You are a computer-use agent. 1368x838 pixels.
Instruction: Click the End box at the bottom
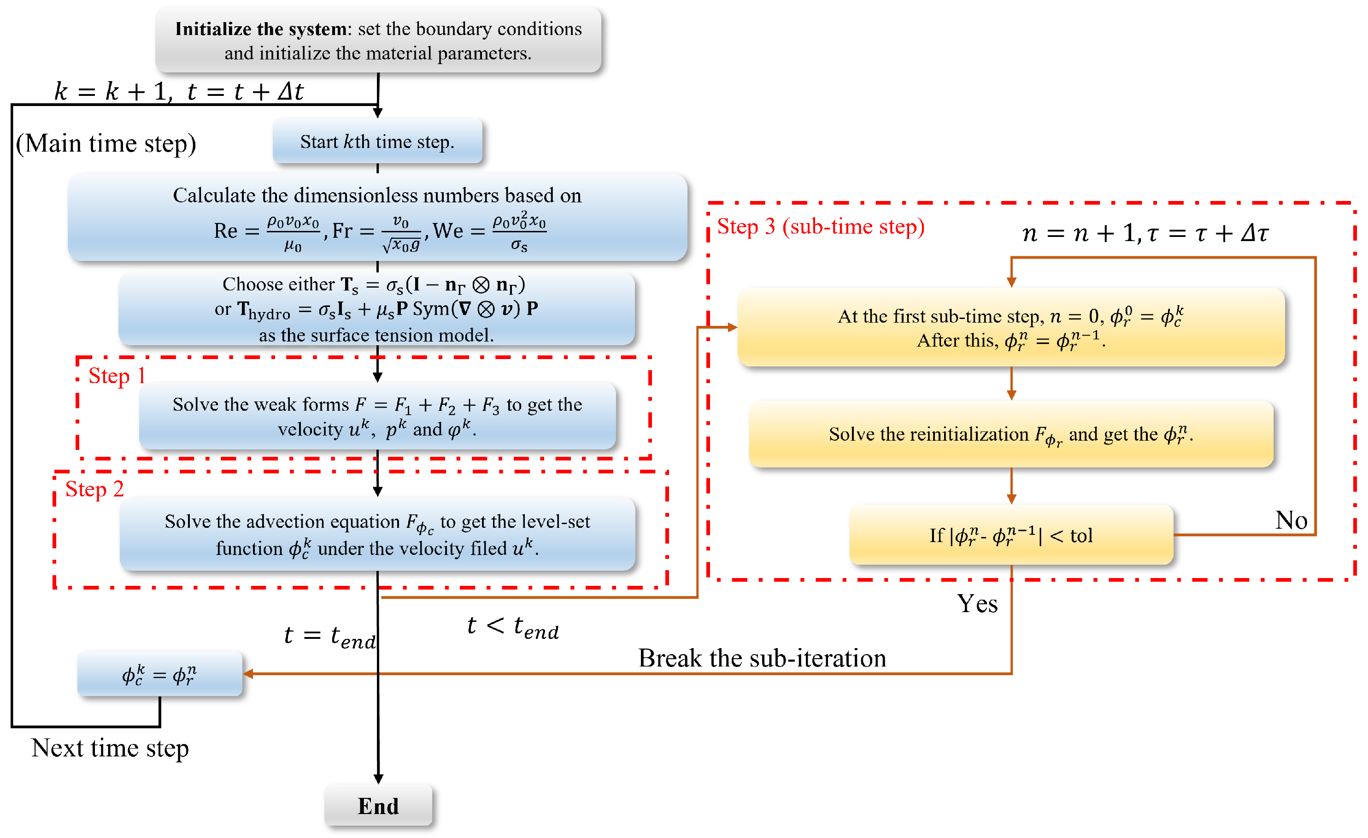(378, 805)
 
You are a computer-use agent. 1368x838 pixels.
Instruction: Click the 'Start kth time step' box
(377, 142)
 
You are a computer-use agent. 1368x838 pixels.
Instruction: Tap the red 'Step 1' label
(117, 376)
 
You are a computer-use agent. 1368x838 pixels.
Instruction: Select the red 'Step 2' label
(94, 489)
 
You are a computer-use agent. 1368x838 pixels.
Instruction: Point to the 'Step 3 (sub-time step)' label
(821, 227)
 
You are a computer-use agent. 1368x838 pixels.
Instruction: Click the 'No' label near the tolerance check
(1291, 520)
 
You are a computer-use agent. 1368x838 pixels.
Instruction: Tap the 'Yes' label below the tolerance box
(977, 604)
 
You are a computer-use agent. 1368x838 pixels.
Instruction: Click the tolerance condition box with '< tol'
(1011, 535)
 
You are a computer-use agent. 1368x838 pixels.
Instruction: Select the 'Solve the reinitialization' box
(1011, 434)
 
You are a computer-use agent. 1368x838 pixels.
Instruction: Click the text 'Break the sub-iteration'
(762, 658)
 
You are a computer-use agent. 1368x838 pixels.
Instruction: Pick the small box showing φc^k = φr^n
(159, 675)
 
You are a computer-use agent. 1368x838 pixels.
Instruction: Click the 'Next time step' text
(110, 748)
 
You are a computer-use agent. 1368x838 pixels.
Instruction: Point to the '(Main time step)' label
(106, 143)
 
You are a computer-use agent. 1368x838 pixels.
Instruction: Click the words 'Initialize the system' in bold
(261, 29)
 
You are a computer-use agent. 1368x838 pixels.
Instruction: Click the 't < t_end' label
(512, 627)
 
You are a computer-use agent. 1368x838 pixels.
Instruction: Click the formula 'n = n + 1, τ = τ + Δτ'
(1145, 233)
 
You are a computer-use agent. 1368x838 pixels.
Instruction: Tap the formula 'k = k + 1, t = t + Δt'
(179, 92)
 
